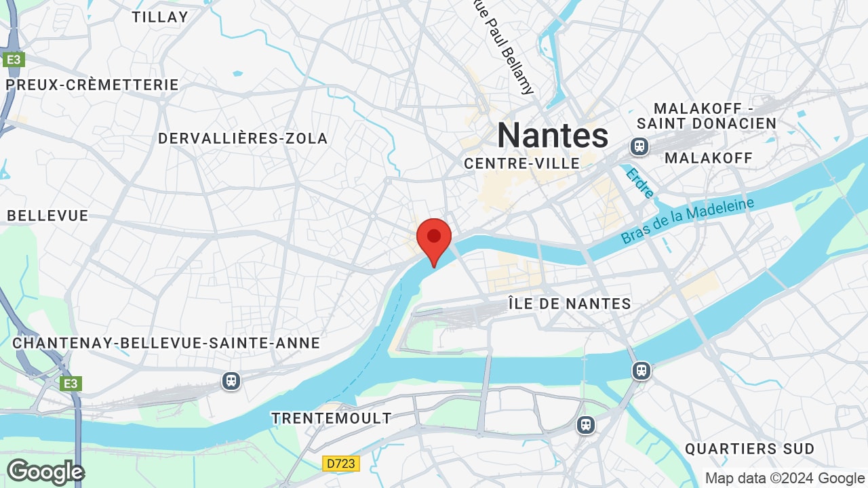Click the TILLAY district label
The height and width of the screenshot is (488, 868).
tap(160, 17)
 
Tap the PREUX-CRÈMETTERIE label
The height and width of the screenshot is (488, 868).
tap(92, 85)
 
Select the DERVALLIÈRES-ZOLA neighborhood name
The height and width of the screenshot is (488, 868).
tap(243, 138)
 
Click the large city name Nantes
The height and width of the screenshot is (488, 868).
tap(553, 135)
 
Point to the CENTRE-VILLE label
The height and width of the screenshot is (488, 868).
tap(521, 163)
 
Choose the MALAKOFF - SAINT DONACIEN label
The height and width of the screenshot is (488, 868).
tap(706, 116)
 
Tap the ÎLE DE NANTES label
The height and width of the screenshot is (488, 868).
tap(570, 304)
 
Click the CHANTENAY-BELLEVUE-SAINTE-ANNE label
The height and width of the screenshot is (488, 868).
tap(166, 343)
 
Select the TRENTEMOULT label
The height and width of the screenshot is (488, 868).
tap(332, 418)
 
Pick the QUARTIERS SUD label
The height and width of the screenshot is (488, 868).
tap(749, 449)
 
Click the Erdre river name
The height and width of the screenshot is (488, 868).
tap(639, 184)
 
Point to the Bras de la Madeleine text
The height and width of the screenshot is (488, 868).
tap(687, 221)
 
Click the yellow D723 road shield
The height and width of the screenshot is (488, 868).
tap(340, 464)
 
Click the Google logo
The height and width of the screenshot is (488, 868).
tap(45, 472)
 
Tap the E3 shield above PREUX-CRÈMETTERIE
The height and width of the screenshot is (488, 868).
tap(13, 60)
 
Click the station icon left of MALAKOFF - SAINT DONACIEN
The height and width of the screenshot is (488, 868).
tap(638, 146)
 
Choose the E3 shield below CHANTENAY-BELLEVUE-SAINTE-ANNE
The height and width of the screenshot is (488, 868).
tap(71, 384)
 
